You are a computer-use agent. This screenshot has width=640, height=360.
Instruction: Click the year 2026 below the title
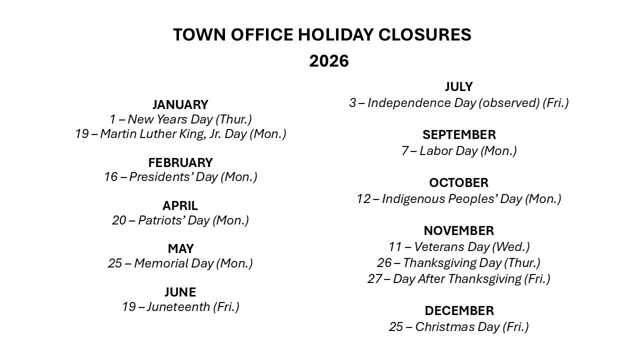329,61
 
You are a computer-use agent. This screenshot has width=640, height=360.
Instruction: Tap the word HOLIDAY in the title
335,34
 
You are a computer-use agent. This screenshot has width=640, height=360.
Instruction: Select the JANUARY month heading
180,104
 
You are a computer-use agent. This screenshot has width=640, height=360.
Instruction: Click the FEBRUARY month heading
180,162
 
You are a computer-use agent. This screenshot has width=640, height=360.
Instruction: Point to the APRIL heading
180,205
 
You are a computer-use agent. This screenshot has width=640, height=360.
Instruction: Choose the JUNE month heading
180,292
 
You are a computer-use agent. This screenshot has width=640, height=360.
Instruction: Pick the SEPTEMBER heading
459,135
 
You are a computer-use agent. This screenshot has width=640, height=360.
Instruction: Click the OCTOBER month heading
459,183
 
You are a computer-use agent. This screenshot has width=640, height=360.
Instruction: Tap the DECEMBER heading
459,311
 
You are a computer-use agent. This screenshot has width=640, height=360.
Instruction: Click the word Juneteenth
178,307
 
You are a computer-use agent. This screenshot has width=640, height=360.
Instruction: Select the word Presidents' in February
161,177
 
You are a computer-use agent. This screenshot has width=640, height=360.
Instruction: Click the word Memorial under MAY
161,263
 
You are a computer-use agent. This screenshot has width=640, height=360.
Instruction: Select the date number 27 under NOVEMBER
374,279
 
